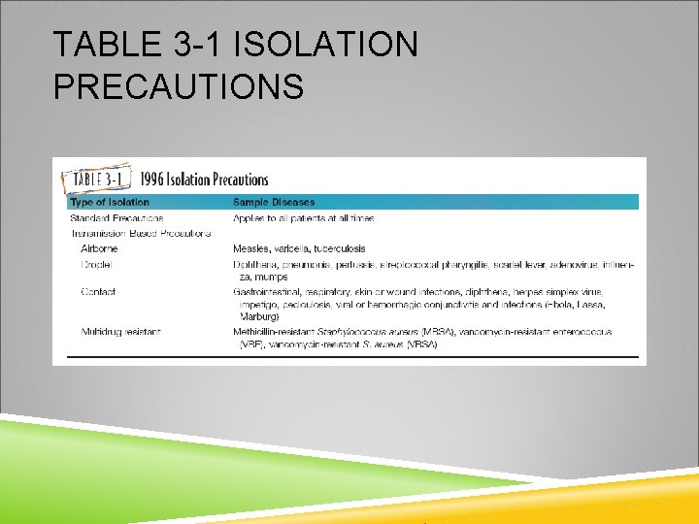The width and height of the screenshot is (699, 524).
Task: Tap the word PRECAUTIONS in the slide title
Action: coord(179,87)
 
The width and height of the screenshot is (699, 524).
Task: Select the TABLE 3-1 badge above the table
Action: coord(95,180)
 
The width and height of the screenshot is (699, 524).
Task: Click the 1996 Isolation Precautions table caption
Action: coord(204,180)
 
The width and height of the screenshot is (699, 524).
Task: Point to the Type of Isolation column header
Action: coord(110,202)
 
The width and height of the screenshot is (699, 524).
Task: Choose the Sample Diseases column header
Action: coord(274,202)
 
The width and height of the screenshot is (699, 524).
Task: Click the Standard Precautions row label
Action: coord(116,218)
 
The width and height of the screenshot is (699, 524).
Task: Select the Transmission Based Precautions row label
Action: coord(141,233)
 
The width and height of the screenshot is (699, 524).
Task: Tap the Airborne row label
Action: coord(100,248)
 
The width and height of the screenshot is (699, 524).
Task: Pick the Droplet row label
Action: coord(97,264)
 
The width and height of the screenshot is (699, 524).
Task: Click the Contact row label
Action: coord(98,291)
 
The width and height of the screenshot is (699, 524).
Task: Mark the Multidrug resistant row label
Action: coord(121,332)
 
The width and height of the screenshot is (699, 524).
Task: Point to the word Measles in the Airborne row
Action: coord(252,248)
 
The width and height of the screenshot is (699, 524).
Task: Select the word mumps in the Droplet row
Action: coord(272,277)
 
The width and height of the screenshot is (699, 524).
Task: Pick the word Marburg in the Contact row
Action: coord(258,316)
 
